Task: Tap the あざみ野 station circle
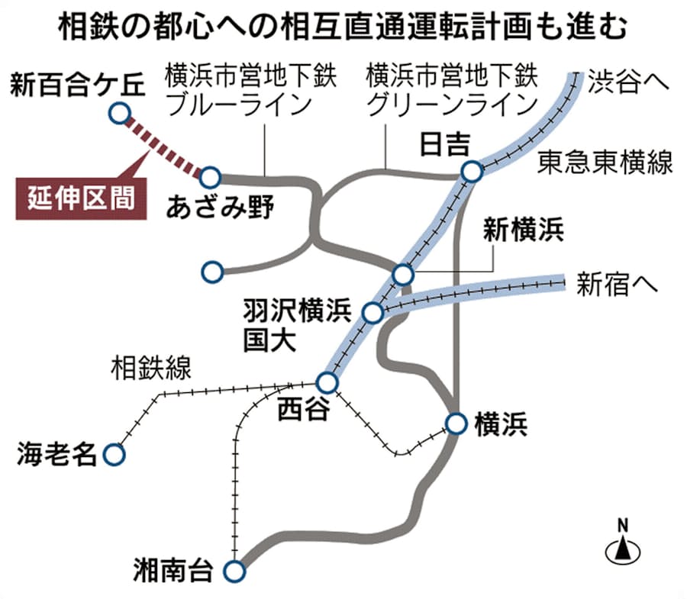click(x=211, y=177)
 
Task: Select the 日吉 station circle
click(x=472, y=172)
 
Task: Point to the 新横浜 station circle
click(x=403, y=274)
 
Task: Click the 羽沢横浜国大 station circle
click(x=373, y=313)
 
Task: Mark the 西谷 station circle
click(x=327, y=382)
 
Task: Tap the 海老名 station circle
click(x=114, y=455)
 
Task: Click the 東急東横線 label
click(x=605, y=162)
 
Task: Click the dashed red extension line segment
click(x=164, y=146)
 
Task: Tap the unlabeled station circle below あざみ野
click(x=212, y=272)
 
